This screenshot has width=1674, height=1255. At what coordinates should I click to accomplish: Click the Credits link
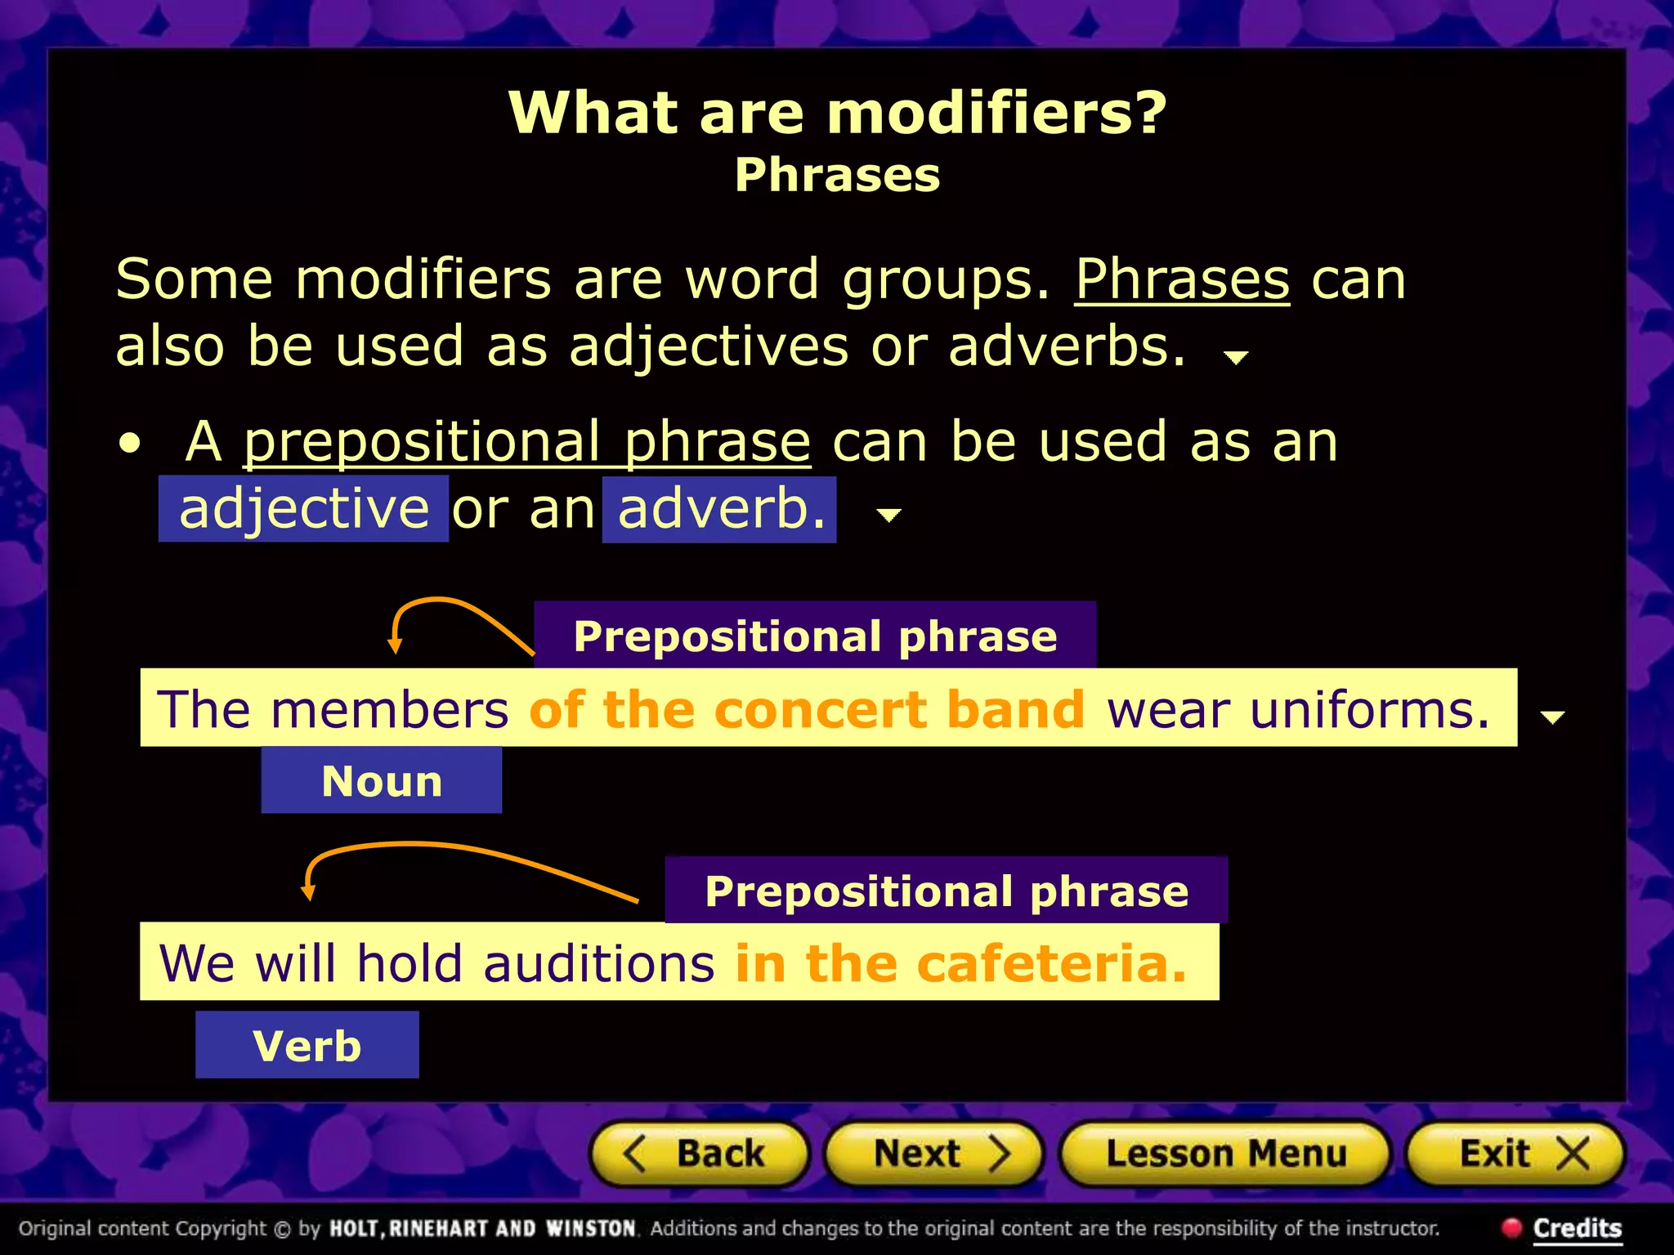pos(1576,1228)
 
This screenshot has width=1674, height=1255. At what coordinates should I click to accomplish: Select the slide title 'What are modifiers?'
pos(837,112)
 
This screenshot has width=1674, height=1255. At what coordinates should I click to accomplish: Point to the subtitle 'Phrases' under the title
pos(837,175)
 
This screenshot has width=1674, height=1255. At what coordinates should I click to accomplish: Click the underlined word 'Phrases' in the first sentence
pos(1181,279)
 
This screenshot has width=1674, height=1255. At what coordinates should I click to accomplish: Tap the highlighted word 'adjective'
pos(304,509)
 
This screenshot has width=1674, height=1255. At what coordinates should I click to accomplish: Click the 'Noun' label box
pos(382,781)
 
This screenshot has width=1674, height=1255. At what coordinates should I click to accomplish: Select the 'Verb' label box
pos(307,1046)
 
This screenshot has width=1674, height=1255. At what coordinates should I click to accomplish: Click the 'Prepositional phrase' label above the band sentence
pos(815,636)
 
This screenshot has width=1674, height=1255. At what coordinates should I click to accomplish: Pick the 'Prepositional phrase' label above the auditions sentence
pos(947,891)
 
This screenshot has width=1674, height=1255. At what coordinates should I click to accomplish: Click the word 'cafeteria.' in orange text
pos(1051,963)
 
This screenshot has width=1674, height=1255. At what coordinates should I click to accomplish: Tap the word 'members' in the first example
pos(390,709)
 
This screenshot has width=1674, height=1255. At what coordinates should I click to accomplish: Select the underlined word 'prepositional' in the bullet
pos(422,442)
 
